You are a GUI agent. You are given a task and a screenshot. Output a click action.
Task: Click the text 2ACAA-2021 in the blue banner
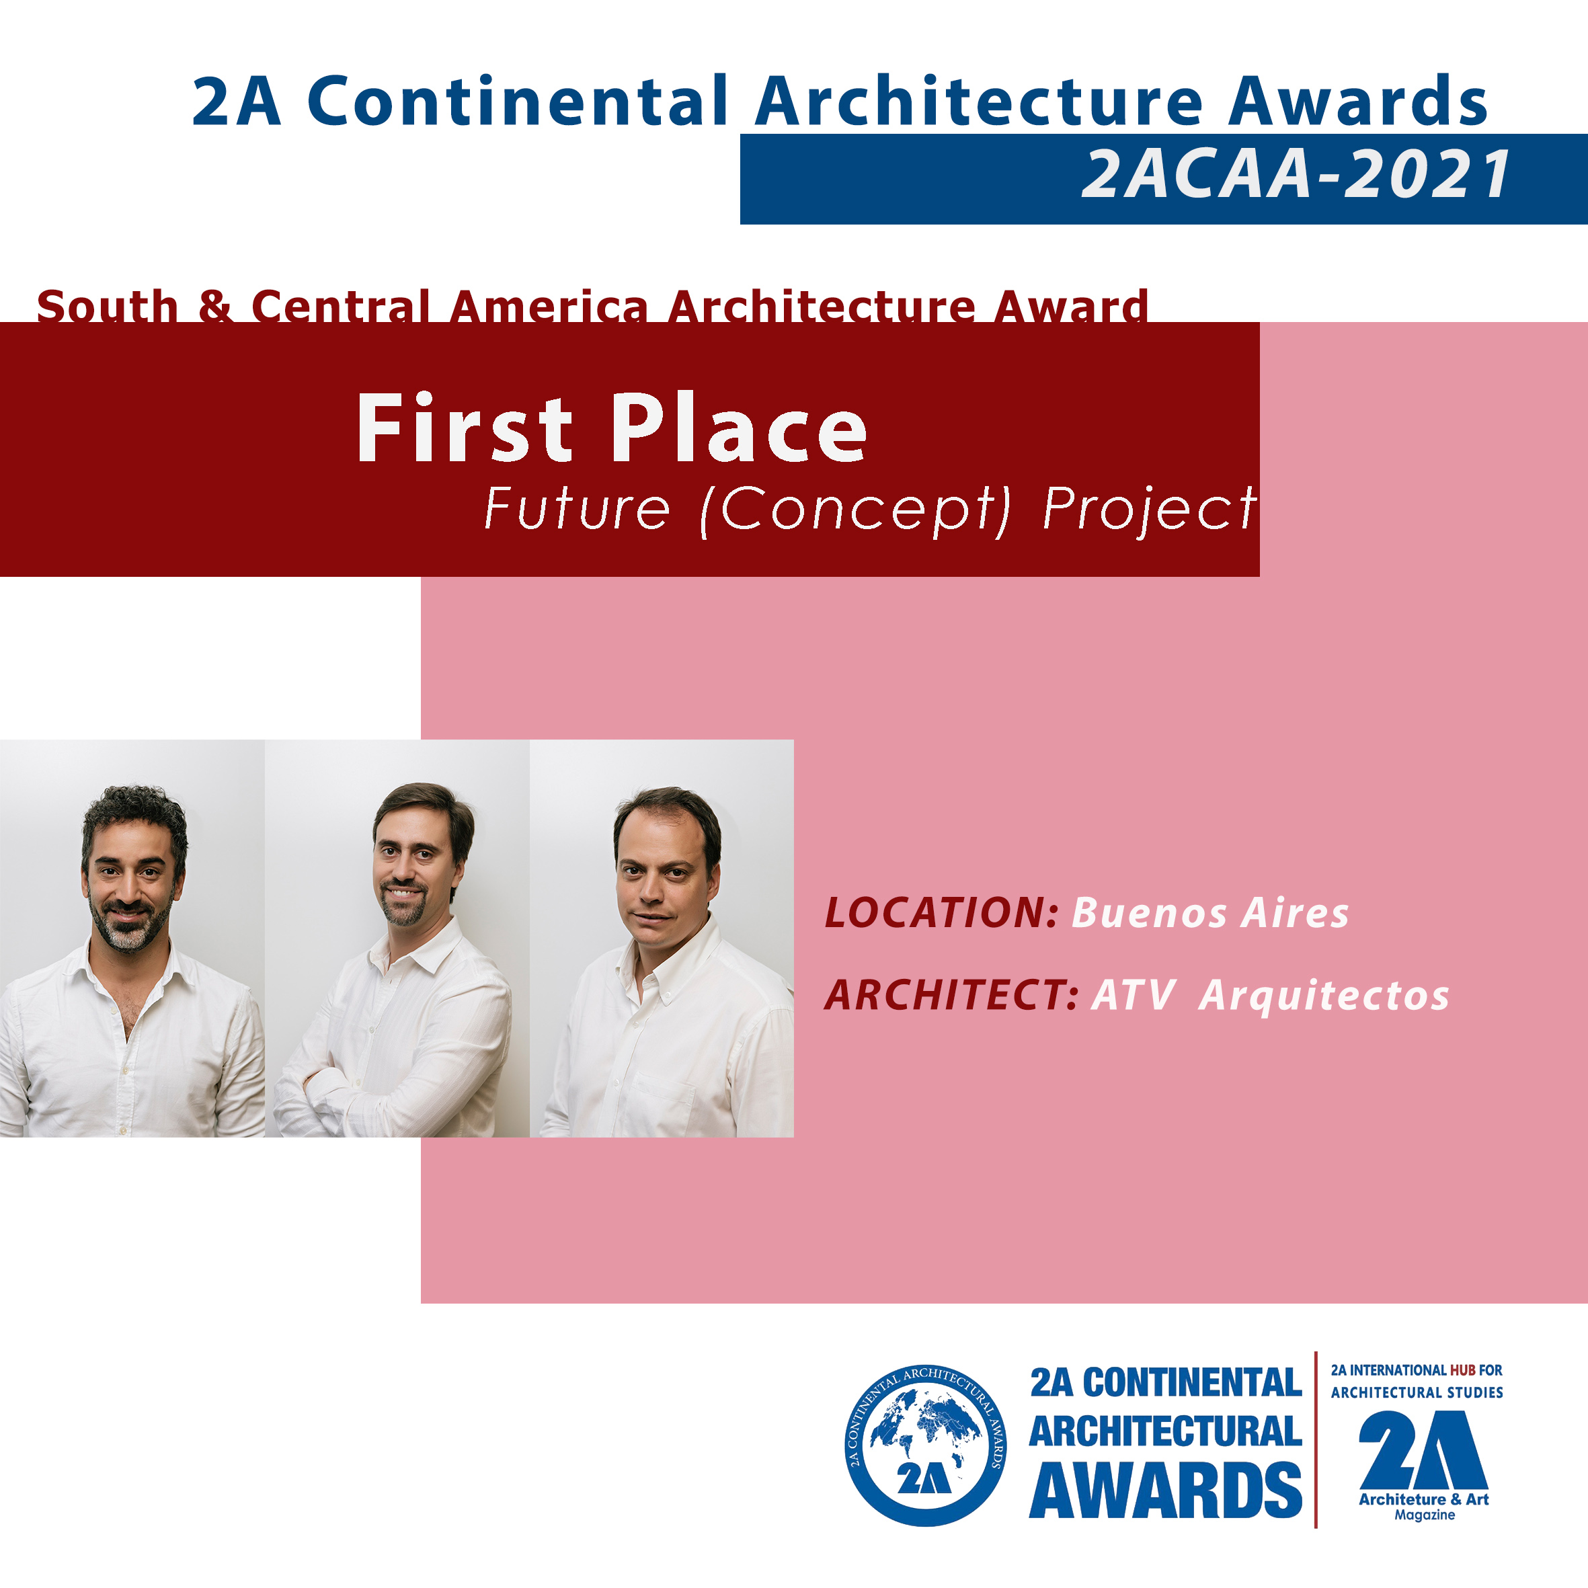click(x=1296, y=174)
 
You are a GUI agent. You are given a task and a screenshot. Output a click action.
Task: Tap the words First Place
click(x=612, y=428)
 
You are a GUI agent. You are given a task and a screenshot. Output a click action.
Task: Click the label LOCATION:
click(x=942, y=912)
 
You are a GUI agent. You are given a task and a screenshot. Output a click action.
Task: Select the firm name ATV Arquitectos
click(x=1270, y=996)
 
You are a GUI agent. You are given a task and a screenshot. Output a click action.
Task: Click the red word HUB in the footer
click(x=1462, y=1370)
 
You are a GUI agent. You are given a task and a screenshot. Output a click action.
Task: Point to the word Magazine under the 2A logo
click(x=1425, y=1514)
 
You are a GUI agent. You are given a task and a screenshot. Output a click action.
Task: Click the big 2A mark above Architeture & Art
click(x=1423, y=1451)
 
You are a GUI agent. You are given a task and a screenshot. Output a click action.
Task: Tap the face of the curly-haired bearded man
click(x=130, y=879)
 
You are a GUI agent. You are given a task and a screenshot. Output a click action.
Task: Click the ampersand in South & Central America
click(x=214, y=306)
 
